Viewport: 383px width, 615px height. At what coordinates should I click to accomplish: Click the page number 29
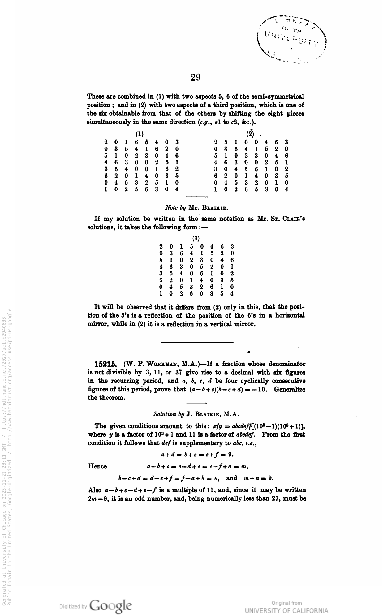pos(196,77)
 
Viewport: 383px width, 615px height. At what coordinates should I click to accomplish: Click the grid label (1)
pos(140,134)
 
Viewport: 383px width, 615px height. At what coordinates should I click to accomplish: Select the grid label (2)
pos(250,134)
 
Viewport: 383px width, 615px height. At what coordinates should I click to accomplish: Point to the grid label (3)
pos(196,238)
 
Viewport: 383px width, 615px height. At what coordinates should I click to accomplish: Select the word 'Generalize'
pos(290,389)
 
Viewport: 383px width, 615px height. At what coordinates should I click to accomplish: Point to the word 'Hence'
pos(97,466)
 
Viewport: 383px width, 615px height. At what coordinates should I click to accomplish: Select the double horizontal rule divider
pos(197,343)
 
